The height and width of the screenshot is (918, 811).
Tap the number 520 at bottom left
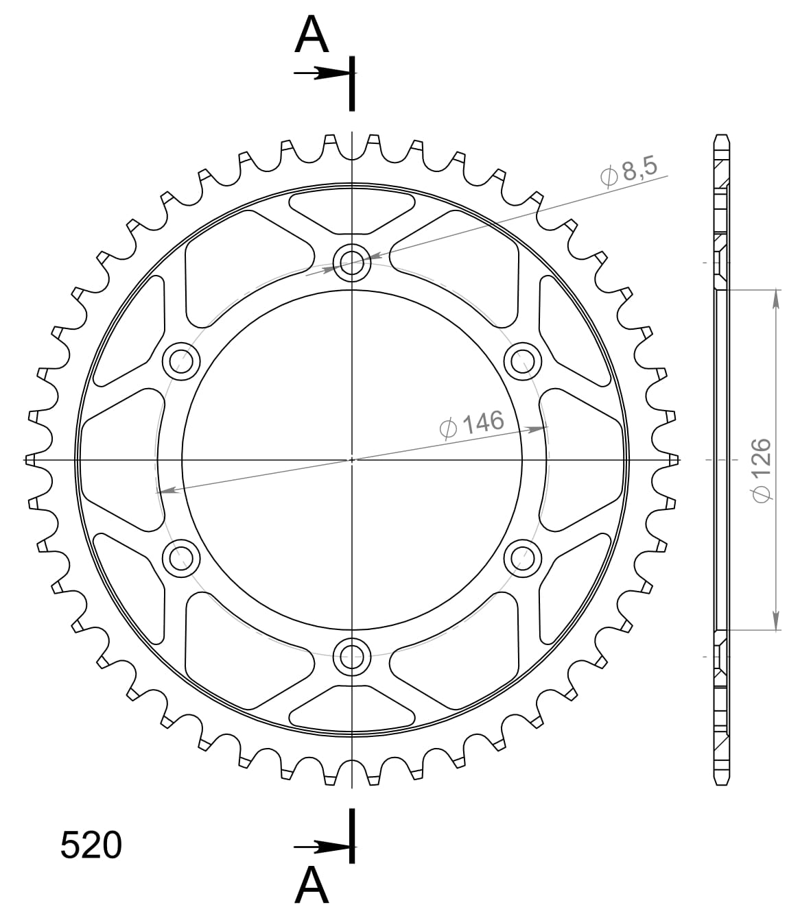(x=91, y=845)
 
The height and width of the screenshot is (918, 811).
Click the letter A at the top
(x=312, y=36)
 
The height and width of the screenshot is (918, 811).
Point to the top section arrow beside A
(x=322, y=73)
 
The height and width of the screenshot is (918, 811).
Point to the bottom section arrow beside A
(x=322, y=847)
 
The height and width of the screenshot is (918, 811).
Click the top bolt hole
(x=352, y=261)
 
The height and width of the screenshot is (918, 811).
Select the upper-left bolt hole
(x=180, y=360)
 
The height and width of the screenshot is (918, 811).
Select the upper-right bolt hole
(x=523, y=360)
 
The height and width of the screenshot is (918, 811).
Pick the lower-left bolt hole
(x=180, y=558)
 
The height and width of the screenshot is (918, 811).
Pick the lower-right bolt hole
(x=523, y=558)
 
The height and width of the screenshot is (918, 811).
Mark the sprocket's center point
(x=352, y=459)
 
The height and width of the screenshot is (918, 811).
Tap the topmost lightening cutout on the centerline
(x=352, y=210)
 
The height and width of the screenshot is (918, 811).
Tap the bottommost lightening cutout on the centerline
(x=352, y=709)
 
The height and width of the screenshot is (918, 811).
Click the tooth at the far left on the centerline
(x=30, y=459)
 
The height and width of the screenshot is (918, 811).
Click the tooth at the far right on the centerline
(x=675, y=459)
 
